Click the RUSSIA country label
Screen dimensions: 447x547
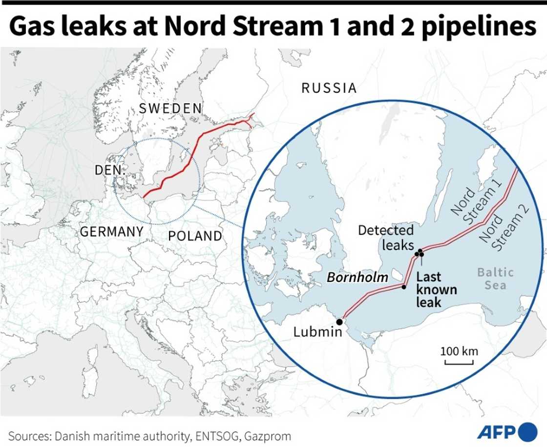tap(329, 88)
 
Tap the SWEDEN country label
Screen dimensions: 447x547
tap(170, 108)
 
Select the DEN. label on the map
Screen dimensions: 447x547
tap(110, 170)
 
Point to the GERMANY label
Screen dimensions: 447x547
tap(112, 232)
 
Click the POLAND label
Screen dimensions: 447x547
tap(195, 236)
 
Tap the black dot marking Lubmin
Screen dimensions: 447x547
tap(339, 322)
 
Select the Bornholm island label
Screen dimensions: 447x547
tap(357, 277)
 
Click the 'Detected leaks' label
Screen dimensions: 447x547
tap(386, 237)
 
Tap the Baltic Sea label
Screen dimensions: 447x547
tap(495, 278)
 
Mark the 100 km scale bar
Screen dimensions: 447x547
tap(459, 362)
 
